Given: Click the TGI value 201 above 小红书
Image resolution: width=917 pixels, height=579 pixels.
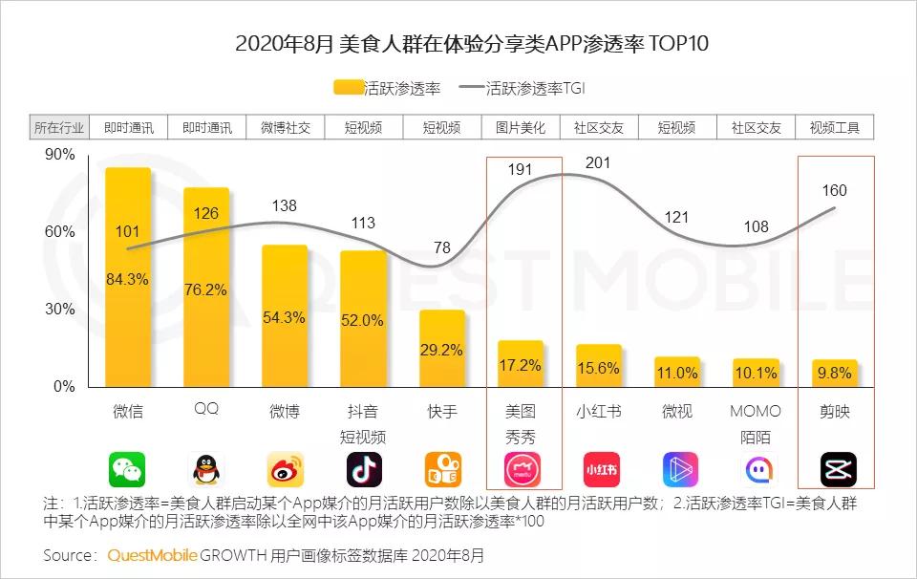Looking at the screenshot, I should point(598,163).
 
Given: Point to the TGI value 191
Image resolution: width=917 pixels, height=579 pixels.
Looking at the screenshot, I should point(521,169).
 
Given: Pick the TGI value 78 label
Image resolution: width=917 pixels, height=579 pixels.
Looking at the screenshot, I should point(443,248).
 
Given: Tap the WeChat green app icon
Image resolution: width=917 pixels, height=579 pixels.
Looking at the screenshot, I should point(127,469).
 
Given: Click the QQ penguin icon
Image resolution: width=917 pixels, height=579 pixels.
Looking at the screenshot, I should point(206,469).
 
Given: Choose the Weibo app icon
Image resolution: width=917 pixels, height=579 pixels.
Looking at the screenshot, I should point(285,469).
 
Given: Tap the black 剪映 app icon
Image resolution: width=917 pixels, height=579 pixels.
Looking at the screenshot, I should point(838,469).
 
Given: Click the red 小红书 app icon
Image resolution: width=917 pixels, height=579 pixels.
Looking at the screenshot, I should point(600,469).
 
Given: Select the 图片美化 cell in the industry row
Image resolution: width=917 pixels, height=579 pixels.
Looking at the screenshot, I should point(521,127).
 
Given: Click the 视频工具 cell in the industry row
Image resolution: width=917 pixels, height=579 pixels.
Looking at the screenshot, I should point(835,127).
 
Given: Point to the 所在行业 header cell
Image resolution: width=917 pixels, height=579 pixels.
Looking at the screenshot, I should point(59,127).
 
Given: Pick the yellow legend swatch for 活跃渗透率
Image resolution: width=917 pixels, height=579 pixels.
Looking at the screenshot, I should point(349,89).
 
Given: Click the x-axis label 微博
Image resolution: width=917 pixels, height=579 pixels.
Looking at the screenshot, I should point(285,412).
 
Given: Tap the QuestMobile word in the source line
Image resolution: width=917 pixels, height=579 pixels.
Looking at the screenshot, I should point(153,554).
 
